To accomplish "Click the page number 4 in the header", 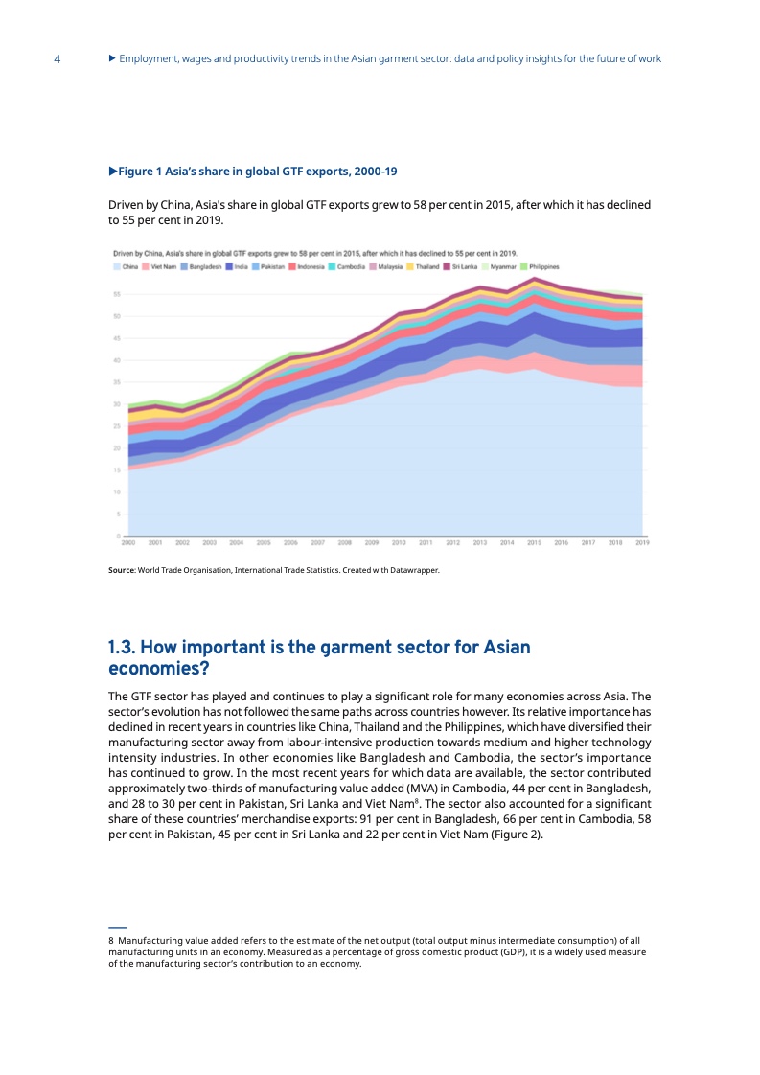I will [58, 59].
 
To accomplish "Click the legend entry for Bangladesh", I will [203, 266].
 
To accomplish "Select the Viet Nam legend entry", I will [161, 266].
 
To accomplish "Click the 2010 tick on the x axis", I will [399, 542].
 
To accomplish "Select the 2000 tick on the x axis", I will [127, 542].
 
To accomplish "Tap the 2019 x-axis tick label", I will [642, 542].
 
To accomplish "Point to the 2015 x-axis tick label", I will [535, 542].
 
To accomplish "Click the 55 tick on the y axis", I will [116, 294].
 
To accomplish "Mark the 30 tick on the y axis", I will [116, 404].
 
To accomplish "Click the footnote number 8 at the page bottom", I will [110, 942].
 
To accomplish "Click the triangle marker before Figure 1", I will [112, 172].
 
